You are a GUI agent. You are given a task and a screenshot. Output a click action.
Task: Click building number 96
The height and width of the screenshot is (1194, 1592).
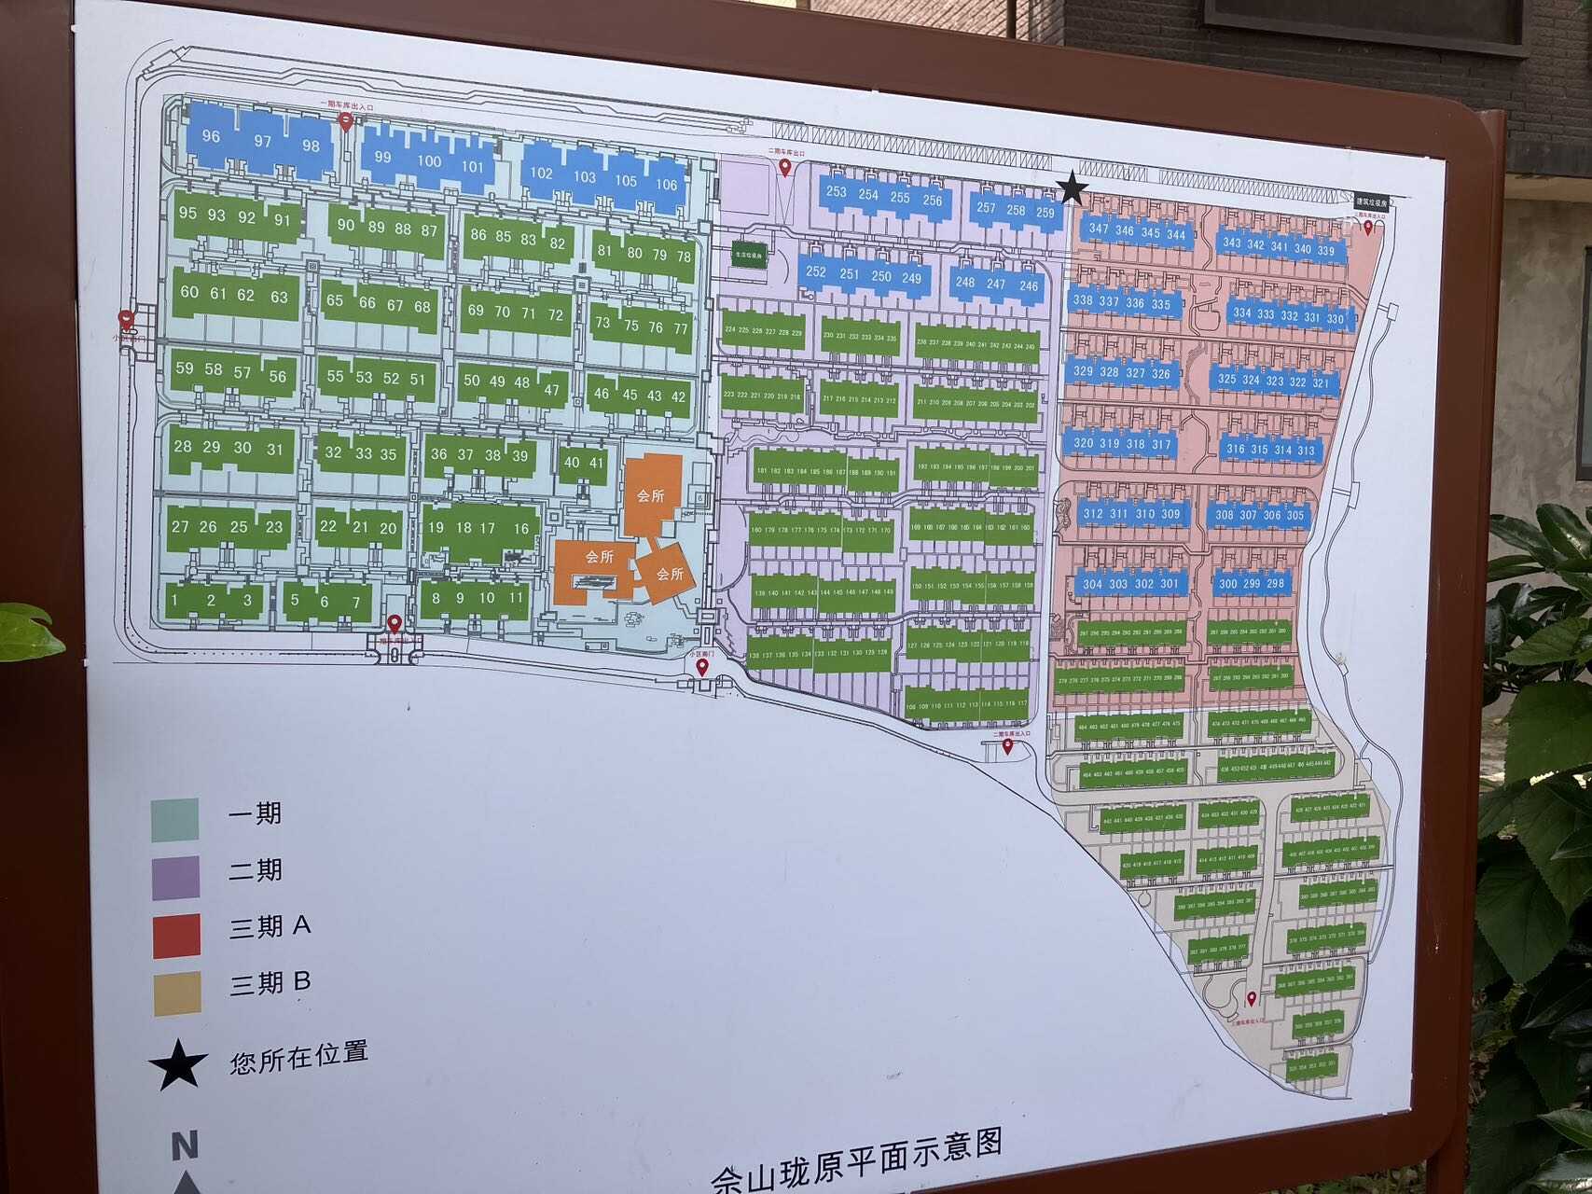coord(211,136)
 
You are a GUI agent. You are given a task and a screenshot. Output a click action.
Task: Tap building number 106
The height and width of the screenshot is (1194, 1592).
coord(666,185)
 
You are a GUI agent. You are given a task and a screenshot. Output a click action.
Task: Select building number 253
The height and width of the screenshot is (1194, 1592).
coord(836,192)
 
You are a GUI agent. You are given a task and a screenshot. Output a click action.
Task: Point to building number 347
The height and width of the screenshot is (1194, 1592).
coord(1099,229)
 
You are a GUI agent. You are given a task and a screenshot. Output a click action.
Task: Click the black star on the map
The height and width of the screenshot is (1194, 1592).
coord(1073,188)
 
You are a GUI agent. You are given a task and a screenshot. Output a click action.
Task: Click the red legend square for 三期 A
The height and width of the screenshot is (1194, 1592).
coord(176,936)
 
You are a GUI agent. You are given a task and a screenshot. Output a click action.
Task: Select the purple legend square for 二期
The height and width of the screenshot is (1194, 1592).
coord(175,878)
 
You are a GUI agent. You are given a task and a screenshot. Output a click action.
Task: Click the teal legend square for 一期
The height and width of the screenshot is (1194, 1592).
coord(175,820)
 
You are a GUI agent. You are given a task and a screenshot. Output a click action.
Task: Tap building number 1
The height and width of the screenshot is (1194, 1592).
coord(174,600)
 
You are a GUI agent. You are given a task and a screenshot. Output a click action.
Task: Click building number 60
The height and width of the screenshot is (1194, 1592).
coord(189,292)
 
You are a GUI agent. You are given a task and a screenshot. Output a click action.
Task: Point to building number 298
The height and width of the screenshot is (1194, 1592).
coord(1276,583)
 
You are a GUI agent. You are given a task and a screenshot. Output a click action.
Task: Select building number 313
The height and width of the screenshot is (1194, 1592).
coord(1306,451)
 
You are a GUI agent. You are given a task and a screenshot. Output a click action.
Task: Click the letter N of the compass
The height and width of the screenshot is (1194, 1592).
coord(185,1145)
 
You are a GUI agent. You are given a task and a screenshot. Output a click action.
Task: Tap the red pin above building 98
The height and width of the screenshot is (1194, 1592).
coord(346,122)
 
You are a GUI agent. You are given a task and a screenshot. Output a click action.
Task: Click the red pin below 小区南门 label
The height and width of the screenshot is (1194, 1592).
coord(702,668)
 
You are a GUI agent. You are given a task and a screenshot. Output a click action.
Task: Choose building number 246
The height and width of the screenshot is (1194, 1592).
coord(1029,286)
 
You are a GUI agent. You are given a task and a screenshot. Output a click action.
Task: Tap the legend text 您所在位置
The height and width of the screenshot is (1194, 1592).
coord(298,1058)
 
